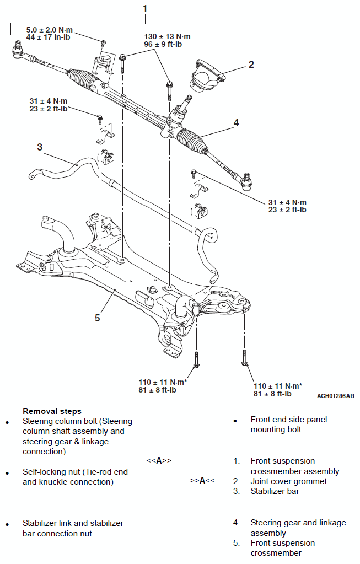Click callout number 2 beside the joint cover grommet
[x=251, y=65]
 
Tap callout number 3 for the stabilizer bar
[x=40, y=147]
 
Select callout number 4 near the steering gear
[x=236, y=123]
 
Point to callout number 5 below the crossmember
[x=97, y=318]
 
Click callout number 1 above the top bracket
[x=145, y=9]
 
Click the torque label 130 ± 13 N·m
[x=167, y=37]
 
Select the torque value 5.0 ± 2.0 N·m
[x=49, y=30]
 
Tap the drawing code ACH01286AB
[x=335, y=396]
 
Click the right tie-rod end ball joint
[x=246, y=181]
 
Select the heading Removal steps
[x=52, y=411]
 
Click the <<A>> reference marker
[x=159, y=461]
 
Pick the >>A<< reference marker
[x=202, y=481]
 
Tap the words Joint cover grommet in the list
[x=288, y=481]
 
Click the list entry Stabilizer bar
[x=275, y=491]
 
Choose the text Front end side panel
[x=289, y=420]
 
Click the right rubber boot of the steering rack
[x=192, y=139]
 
